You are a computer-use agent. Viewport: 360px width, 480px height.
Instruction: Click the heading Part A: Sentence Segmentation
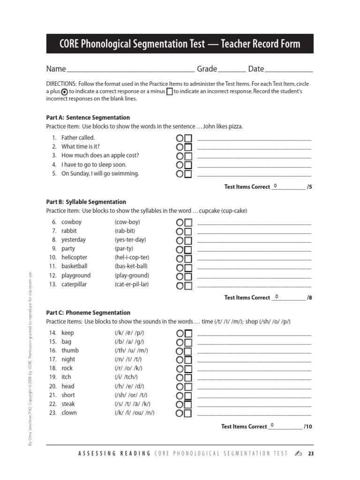pos(88,118)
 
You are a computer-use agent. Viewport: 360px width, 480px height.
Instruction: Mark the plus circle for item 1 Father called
pos(180,138)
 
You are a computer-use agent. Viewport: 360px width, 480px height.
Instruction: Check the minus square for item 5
pos(188,174)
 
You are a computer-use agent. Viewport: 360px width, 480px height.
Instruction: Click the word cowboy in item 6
pos(71,222)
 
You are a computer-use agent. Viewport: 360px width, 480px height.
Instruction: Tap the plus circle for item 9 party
pos(180,250)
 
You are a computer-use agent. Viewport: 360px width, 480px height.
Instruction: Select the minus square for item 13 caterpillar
pos(188,285)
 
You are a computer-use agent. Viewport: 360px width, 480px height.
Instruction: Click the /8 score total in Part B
pos(309,298)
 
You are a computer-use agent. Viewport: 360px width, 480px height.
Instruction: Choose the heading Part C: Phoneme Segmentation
pos(88,313)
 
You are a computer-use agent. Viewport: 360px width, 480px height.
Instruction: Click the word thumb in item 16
pos(70,351)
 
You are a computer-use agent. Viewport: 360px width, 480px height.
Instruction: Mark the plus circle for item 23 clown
pos(180,413)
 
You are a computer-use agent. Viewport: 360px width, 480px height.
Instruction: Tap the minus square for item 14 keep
pos(188,333)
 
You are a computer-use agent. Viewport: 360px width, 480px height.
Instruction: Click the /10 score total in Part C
pos(307,427)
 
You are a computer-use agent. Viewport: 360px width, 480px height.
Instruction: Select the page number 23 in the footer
pos(310,454)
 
